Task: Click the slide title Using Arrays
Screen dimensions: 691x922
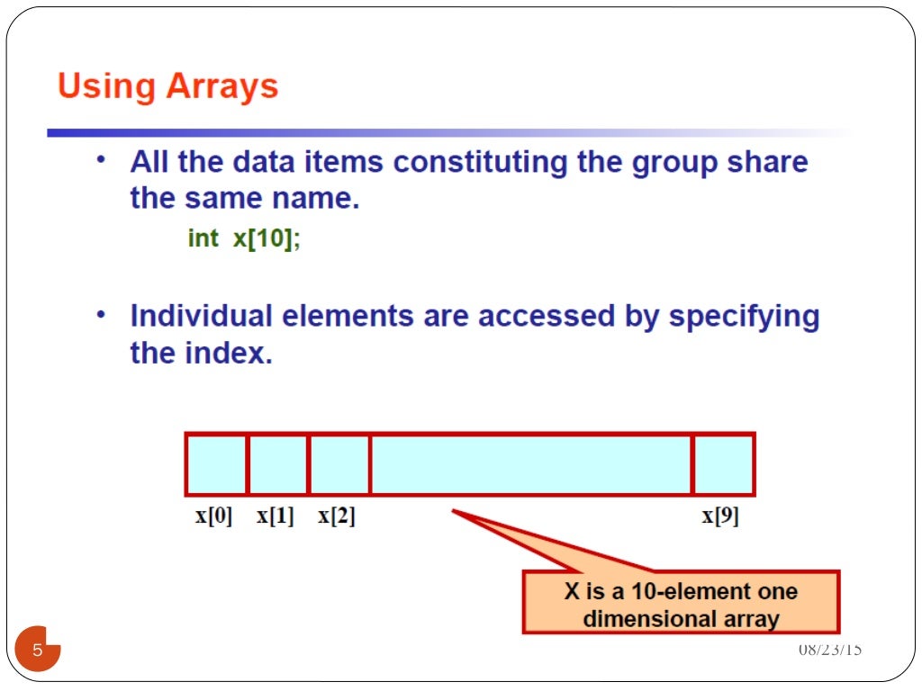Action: click(x=167, y=87)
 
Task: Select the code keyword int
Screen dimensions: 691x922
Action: click(x=203, y=238)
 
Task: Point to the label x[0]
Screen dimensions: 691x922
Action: click(x=213, y=517)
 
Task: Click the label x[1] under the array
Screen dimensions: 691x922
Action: click(x=276, y=517)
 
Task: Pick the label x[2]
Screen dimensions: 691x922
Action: click(x=337, y=517)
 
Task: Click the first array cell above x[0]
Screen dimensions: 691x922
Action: click(x=216, y=464)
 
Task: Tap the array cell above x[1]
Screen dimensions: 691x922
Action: click(x=277, y=464)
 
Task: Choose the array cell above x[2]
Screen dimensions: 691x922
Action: click(x=339, y=464)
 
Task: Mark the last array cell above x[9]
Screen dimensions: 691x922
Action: click(x=723, y=464)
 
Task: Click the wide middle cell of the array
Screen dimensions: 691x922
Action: click(x=531, y=464)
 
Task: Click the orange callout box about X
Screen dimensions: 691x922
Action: click(x=681, y=604)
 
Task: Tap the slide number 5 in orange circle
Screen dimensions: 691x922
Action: click(x=38, y=650)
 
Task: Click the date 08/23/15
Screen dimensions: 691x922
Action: click(x=830, y=650)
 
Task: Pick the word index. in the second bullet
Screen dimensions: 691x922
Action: click(x=230, y=353)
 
